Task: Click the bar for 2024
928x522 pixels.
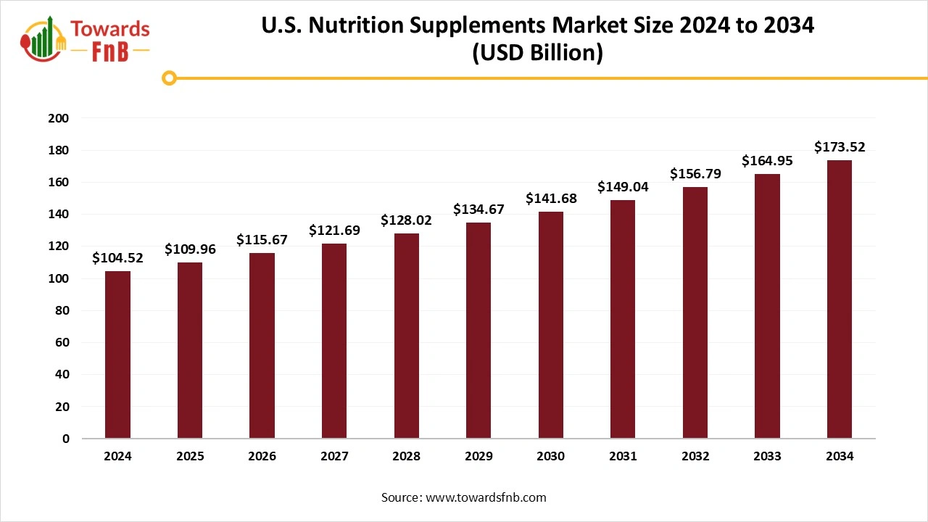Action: coord(117,355)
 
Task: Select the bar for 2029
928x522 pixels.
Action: coord(478,331)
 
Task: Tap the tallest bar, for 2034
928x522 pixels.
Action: coord(840,299)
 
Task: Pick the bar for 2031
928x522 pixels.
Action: coord(623,319)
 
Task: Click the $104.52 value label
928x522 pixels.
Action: coord(117,257)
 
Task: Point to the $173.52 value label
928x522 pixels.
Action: coord(840,147)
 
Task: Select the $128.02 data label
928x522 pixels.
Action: coord(406,220)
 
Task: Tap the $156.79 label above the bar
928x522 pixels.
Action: coord(695,174)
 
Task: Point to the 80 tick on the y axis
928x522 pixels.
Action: coord(63,310)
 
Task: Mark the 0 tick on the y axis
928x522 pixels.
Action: coord(66,439)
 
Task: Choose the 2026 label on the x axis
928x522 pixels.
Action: coord(262,457)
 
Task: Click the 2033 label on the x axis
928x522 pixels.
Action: coord(767,457)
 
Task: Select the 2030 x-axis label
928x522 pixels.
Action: coord(550,457)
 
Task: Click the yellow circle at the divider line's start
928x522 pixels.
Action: coord(169,78)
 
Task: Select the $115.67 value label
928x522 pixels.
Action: coord(262,239)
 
